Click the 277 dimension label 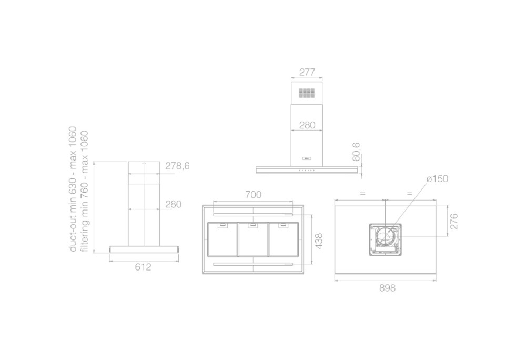[307, 72]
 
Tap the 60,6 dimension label [356, 152]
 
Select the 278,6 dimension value [177, 166]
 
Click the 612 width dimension [143, 267]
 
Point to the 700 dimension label [254, 195]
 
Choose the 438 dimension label [319, 241]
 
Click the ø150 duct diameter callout [438, 179]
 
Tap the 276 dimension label [453, 221]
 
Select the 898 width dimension [388, 288]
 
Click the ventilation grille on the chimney [307, 93]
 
